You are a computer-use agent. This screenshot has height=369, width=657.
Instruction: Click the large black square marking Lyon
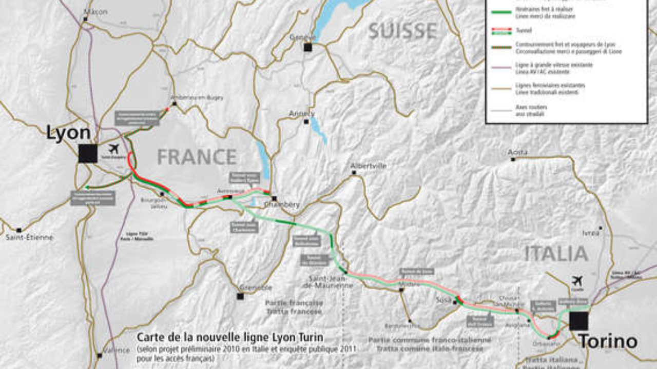pyautogui.click(x=88, y=153)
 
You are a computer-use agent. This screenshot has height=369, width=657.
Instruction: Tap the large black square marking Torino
pyautogui.click(x=578, y=320)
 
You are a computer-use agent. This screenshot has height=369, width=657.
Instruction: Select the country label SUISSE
pyautogui.click(x=403, y=31)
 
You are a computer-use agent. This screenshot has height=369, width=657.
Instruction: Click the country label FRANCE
pyautogui.click(x=197, y=157)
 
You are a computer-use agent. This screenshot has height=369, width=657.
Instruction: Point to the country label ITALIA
pyautogui.click(x=556, y=254)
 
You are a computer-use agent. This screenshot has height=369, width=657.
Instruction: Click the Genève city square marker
pyautogui.click(x=307, y=47)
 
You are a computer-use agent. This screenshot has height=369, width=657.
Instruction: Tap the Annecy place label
pyautogui.click(x=302, y=113)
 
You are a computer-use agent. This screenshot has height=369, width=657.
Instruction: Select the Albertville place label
pyautogui.click(x=369, y=166)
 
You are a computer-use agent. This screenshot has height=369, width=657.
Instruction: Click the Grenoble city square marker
pyautogui.click(x=240, y=296)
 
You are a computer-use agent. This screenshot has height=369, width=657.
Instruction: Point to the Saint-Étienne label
pyautogui.click(x=29, y=237)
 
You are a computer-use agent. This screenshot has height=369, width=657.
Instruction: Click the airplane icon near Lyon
pyautogui.click(x=114, y=149)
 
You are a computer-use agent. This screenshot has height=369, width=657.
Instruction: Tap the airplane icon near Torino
pyautogui.click(x=577, y=281)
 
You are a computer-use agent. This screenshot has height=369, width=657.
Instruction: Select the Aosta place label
pyautogui.click(x=517, y=152)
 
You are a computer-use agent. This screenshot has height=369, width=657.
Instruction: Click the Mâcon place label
pyautogui.click(x=97, y=12)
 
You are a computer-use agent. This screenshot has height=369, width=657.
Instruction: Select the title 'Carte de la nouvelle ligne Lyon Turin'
pyautogui.click(x=230, y=337)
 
